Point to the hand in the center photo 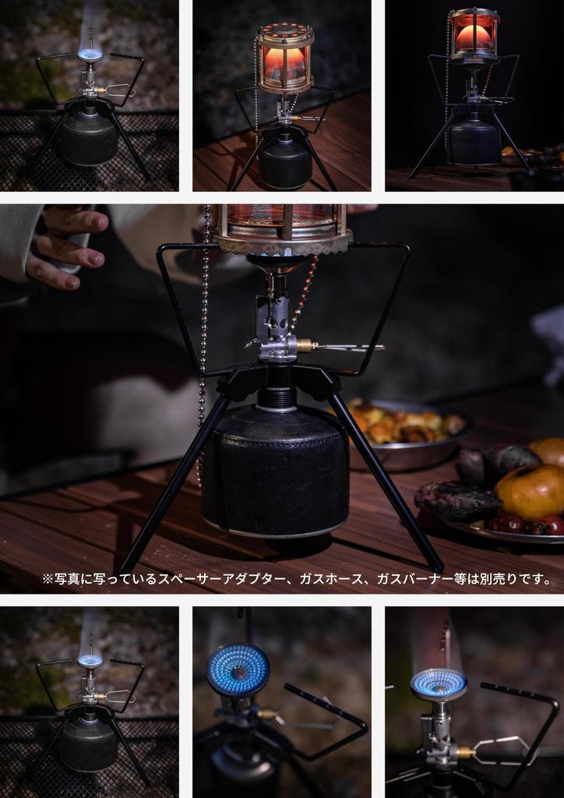(x=66, y=245)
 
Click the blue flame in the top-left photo (x=90, y=54)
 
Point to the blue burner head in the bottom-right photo (x=438, y=683)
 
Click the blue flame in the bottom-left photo (x=90, y=661)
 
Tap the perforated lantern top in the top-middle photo (x=284, y=35)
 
